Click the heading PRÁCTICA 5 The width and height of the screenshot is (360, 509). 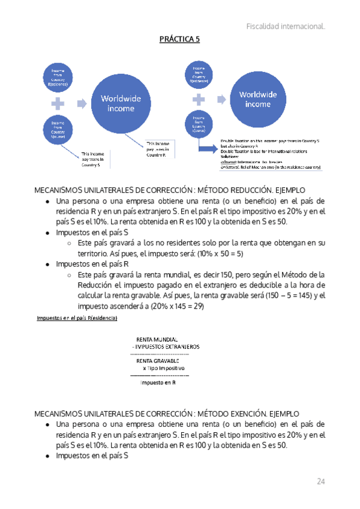pyautogui.click(x=179, y=40)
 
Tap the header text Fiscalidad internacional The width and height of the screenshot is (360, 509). pyautogui.click(x=286, y=26)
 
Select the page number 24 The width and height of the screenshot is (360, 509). pyautogui.click(x=320, y=481)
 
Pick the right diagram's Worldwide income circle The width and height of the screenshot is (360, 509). pyautogui.click(x=258, y=99)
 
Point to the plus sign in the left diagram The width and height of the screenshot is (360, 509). pyautogui.click(x=58, y=103)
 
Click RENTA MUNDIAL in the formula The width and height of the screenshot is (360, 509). pyautogui.click(x=157, y=339)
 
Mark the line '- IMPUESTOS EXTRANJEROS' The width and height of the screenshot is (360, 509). pyautogui.click(x=166, y=347)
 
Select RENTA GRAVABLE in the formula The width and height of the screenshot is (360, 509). pyautogui.click(x=157, y=361)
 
